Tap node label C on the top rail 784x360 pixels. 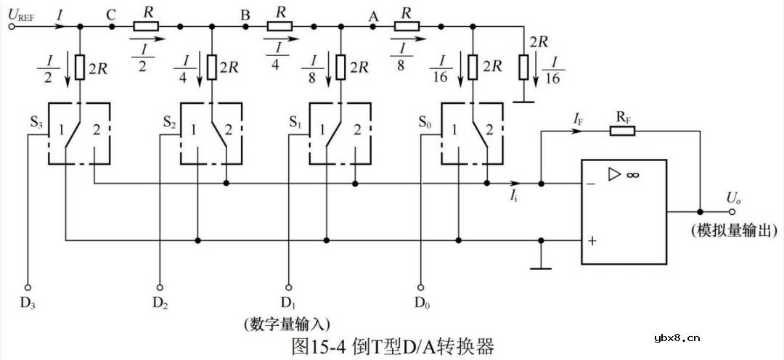111,14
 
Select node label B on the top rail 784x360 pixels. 245,14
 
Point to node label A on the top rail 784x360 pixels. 373,14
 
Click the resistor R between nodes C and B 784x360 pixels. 146,27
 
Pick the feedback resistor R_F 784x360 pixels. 622,131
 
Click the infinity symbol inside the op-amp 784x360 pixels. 632,175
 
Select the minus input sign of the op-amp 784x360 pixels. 592,184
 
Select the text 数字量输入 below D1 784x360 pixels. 287,321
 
